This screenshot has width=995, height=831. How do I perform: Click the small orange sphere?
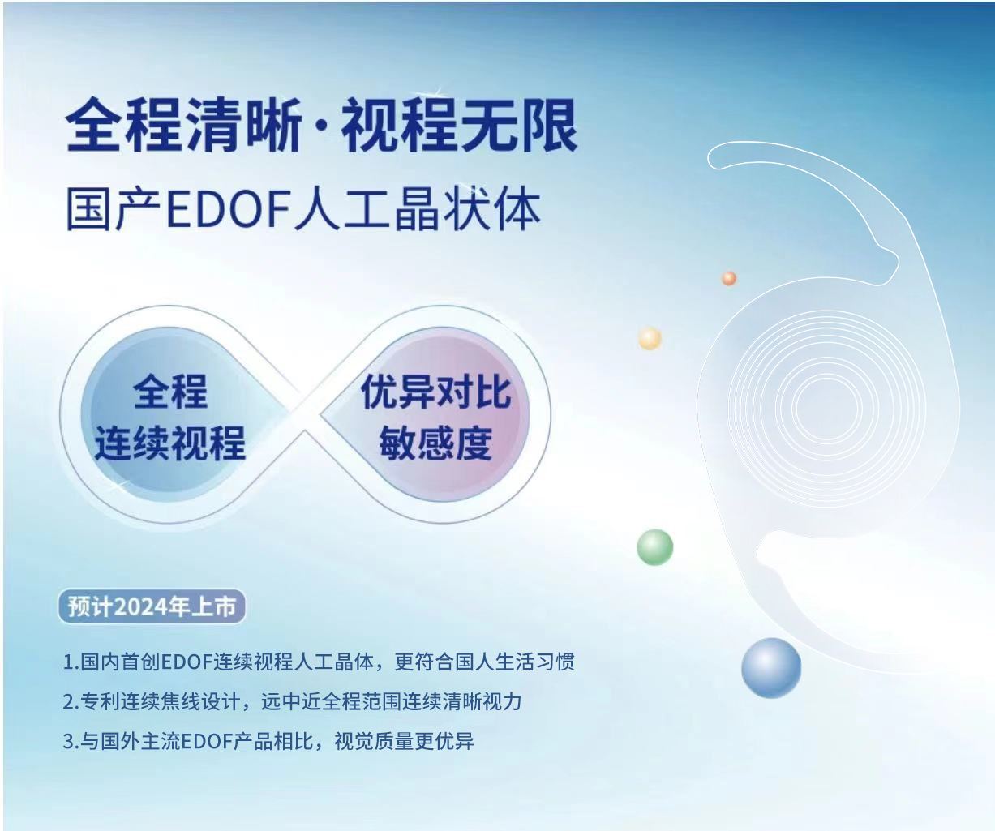(729, 278)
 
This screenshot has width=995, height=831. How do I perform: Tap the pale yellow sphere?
(650, 338)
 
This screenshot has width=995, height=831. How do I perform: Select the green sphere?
(655, 547)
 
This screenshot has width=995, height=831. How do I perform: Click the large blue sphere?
(770, 668)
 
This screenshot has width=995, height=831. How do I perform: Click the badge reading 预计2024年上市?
(152, 607)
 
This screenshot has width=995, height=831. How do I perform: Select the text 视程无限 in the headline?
(459, 126)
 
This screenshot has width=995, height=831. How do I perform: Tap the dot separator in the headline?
(322, 129)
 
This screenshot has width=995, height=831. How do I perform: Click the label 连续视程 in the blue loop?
(169, 443)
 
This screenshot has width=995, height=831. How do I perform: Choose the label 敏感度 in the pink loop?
(435, 443)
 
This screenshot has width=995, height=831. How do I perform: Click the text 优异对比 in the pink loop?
(435, 393)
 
